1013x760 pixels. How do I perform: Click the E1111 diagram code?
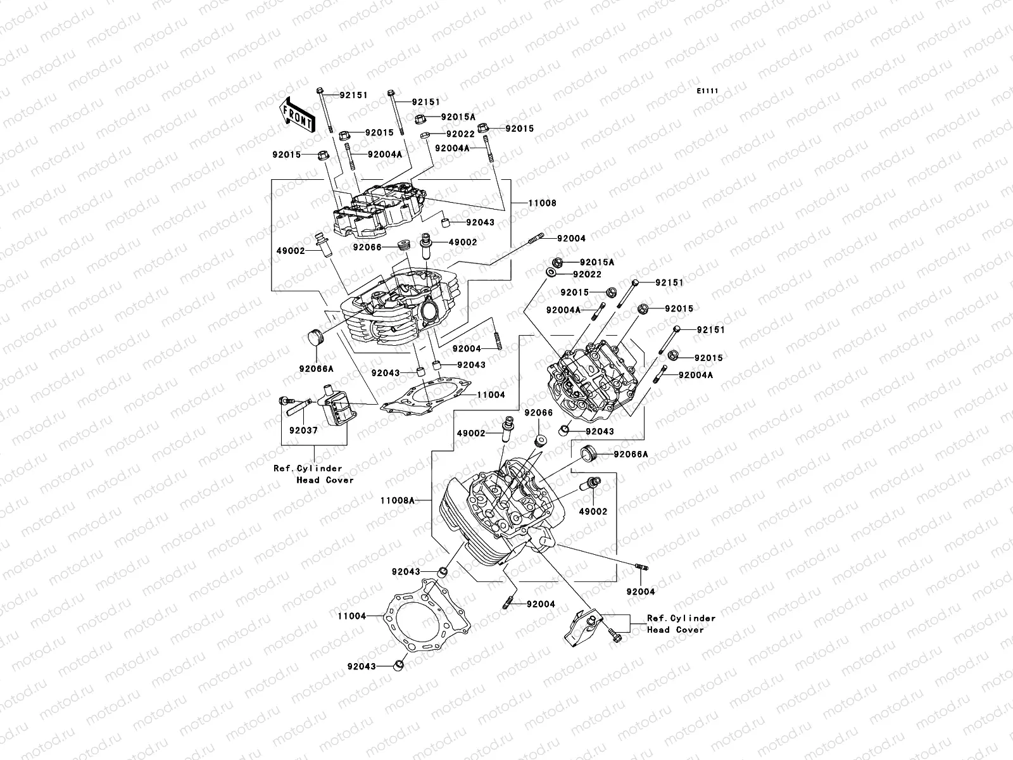pyautogui.click(x=708, y=91)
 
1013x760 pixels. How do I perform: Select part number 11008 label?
pyautogui.click(x=543, y=203)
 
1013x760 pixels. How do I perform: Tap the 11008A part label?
pyautogui.click(x=397, y=500)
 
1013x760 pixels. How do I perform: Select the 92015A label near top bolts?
pyautogui.click(x=458, y=117)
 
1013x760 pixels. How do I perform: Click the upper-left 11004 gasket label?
pyautogui.click(x=491, y=395)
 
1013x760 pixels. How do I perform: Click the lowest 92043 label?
pyautogui.click(x=361, y=666)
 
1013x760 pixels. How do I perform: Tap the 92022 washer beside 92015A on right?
pyautogui.click(x=552, y=274)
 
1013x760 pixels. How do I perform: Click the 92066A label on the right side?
pyautogui.click(x=631, y=454)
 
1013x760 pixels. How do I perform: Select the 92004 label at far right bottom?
pyautogui.click(x=641, y=592)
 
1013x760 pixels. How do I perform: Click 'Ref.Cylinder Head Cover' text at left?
pyautogui.click(x=308, y=474)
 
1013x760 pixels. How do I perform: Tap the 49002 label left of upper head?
pyautogui.click(x=291, y=251)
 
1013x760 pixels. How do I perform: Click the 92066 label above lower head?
pyautogui.click(x=538, y=413)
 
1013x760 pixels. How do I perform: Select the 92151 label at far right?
pyautogui.click(x=710, y=330)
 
